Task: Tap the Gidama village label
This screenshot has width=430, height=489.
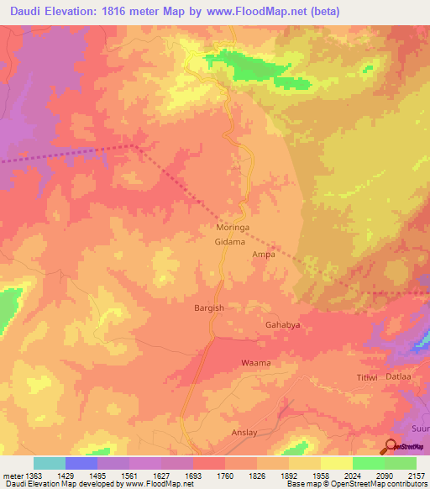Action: tap(229, 242)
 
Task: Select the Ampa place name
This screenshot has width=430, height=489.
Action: tap(253, 255)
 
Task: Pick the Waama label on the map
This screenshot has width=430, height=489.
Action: tap(256, 363)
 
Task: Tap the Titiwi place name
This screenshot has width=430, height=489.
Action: tap(368, 378)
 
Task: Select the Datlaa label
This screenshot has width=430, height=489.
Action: tap(398, 377)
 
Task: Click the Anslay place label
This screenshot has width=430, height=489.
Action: tap(245, 433)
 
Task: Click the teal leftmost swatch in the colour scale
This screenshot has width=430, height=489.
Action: tap(50, 463)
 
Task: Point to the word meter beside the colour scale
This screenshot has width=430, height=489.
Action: tap(12, 476)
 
